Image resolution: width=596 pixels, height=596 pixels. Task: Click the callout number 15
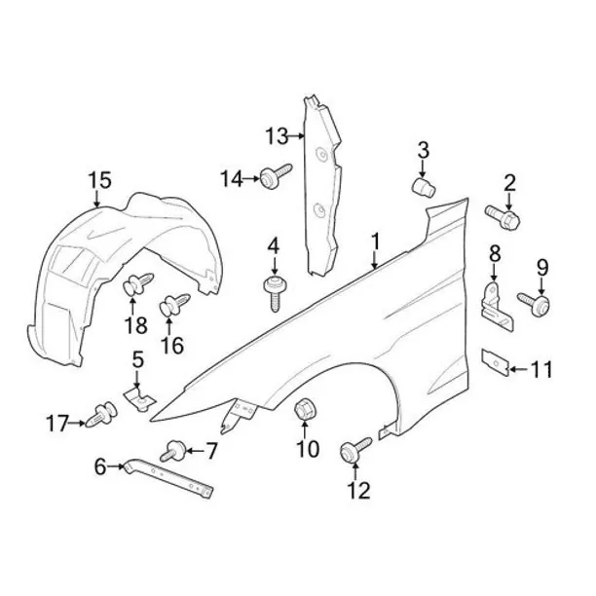point(100,180)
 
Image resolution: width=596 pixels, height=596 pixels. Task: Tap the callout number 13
point(278,135)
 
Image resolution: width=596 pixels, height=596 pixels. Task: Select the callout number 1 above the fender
point(375,242)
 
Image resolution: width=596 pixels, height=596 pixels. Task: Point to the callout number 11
point(540,369)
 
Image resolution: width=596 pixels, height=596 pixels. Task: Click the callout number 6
point(100,466)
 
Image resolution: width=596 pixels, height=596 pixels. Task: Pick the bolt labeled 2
point(503,216)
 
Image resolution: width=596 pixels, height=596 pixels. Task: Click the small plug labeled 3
point(424,187)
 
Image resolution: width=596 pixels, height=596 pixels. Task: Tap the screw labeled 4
point(275,293)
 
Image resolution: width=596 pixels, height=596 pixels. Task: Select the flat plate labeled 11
point(496,362)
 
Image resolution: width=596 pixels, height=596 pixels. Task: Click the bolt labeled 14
point(276,176)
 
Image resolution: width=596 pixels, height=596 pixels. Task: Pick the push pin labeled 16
point(174,305)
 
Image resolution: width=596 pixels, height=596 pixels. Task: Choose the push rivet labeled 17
point(101,415)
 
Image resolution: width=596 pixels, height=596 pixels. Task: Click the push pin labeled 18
point(138,284)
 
